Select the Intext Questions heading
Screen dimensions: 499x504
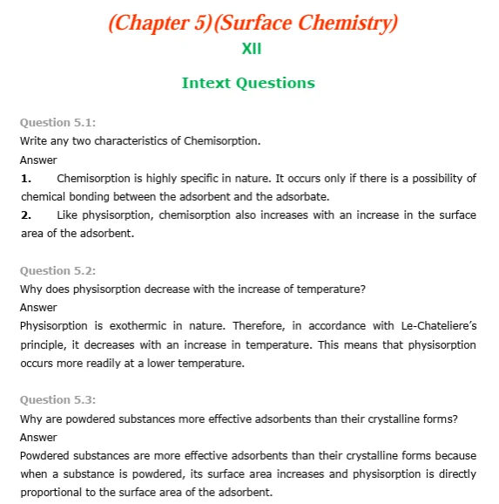coord(248,84)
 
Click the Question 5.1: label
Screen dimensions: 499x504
coord(57,123)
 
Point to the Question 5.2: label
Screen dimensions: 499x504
coord(57,270)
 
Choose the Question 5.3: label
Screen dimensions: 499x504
coord(57,399)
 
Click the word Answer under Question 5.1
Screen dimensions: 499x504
coord(38,160)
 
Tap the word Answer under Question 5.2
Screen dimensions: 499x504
coord(38,307)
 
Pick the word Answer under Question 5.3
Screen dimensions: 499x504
coord(38,436)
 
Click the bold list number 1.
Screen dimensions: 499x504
coord(26,178)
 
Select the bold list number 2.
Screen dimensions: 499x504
coord(26,215)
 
